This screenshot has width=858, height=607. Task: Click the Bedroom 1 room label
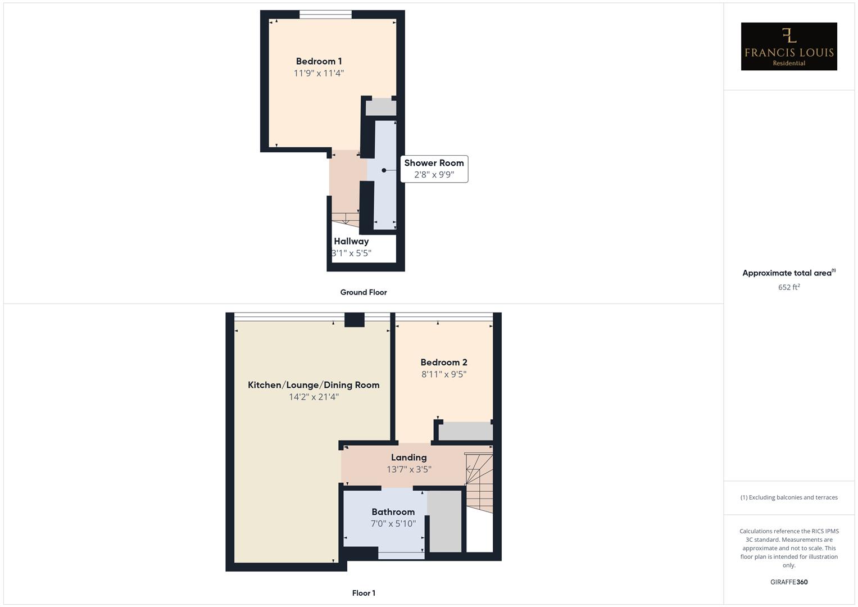319,61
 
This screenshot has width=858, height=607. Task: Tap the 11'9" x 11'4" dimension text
319,73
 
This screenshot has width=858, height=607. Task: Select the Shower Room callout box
434,169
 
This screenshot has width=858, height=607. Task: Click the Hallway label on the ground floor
351,241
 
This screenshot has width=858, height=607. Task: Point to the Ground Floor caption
363,292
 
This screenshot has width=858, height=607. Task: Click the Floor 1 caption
364,593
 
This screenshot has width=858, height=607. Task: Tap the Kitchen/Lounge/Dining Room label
314,385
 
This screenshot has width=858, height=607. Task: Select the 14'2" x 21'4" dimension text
314,397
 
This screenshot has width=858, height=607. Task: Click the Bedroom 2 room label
444,363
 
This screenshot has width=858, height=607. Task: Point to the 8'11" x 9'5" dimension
444,374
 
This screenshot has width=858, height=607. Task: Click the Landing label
408,457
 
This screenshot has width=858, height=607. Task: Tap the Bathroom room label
393,512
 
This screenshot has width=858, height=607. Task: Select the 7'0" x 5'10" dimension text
393,524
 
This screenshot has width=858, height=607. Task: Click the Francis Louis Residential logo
788,47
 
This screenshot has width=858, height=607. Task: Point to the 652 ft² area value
788,287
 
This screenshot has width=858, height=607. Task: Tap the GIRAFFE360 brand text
788,582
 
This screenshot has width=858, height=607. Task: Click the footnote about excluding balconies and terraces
788,497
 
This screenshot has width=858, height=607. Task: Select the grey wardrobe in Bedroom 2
465,432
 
